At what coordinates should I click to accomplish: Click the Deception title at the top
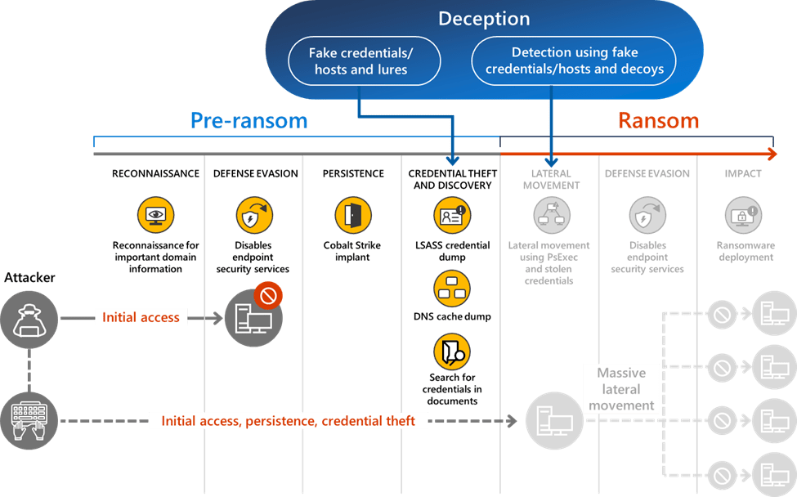coord(484,19)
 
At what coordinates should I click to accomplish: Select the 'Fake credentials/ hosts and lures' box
coord(360,61)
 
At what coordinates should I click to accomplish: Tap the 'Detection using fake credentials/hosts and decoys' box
coord(574,61)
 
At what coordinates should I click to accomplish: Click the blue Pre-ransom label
coord(249,121)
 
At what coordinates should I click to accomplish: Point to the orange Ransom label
coord(658,121)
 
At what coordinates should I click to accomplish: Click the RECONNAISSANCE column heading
coord(155,173)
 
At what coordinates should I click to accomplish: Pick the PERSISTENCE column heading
coord(352,173)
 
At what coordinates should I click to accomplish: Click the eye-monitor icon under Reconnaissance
coord(155,215)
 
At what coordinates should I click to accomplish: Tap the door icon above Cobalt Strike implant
coord(352,215)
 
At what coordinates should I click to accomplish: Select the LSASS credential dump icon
coord(451,216)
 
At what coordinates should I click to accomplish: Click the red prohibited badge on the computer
coord(267,294)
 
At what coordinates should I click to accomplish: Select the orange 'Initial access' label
coord(141,317)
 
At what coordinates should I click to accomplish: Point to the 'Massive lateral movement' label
coord(621,389)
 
